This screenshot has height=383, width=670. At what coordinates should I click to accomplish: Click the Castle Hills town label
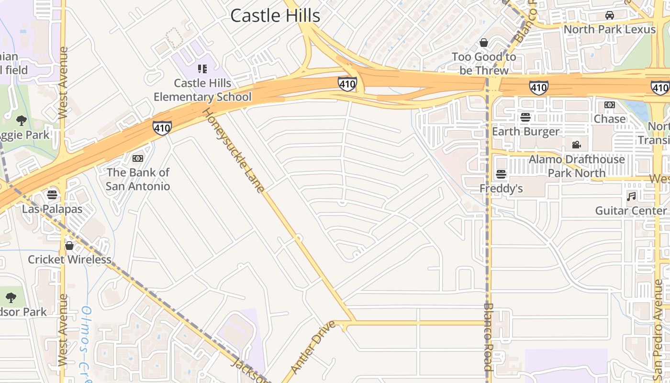point(275,15)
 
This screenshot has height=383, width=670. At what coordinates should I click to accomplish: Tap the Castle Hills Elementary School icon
point(202,69)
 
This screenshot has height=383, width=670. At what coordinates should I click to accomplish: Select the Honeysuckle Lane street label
point(233,150)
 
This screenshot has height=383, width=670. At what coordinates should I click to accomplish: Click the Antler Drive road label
point(313,347)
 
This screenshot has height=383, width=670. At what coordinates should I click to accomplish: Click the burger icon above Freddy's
point(501,174)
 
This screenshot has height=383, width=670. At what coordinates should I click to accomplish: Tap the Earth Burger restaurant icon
point(525,117)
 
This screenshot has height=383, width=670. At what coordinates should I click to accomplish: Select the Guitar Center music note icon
point(632,196)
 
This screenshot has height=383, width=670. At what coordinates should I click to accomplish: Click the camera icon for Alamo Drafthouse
point(576,145)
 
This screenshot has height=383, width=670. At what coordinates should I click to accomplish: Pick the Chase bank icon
point(609,104)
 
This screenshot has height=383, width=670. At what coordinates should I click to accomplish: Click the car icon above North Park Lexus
point(609,15)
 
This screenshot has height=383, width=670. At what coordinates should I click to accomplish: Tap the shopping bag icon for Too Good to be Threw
point(484,43)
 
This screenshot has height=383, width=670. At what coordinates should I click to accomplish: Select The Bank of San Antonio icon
point(138,158)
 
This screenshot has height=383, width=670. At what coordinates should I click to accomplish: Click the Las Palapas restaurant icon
point(52,195)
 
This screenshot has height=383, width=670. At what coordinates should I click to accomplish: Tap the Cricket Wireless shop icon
point(69,246)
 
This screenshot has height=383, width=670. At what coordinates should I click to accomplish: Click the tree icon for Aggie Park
point(21,121)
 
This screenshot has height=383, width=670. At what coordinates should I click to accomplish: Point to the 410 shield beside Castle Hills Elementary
point(347,84)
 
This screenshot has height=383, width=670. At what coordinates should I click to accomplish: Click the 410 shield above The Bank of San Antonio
point(162,128)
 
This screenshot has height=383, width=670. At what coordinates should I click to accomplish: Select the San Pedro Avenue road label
point(658,330)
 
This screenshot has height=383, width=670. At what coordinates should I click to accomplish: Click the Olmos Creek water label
point(86,345)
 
